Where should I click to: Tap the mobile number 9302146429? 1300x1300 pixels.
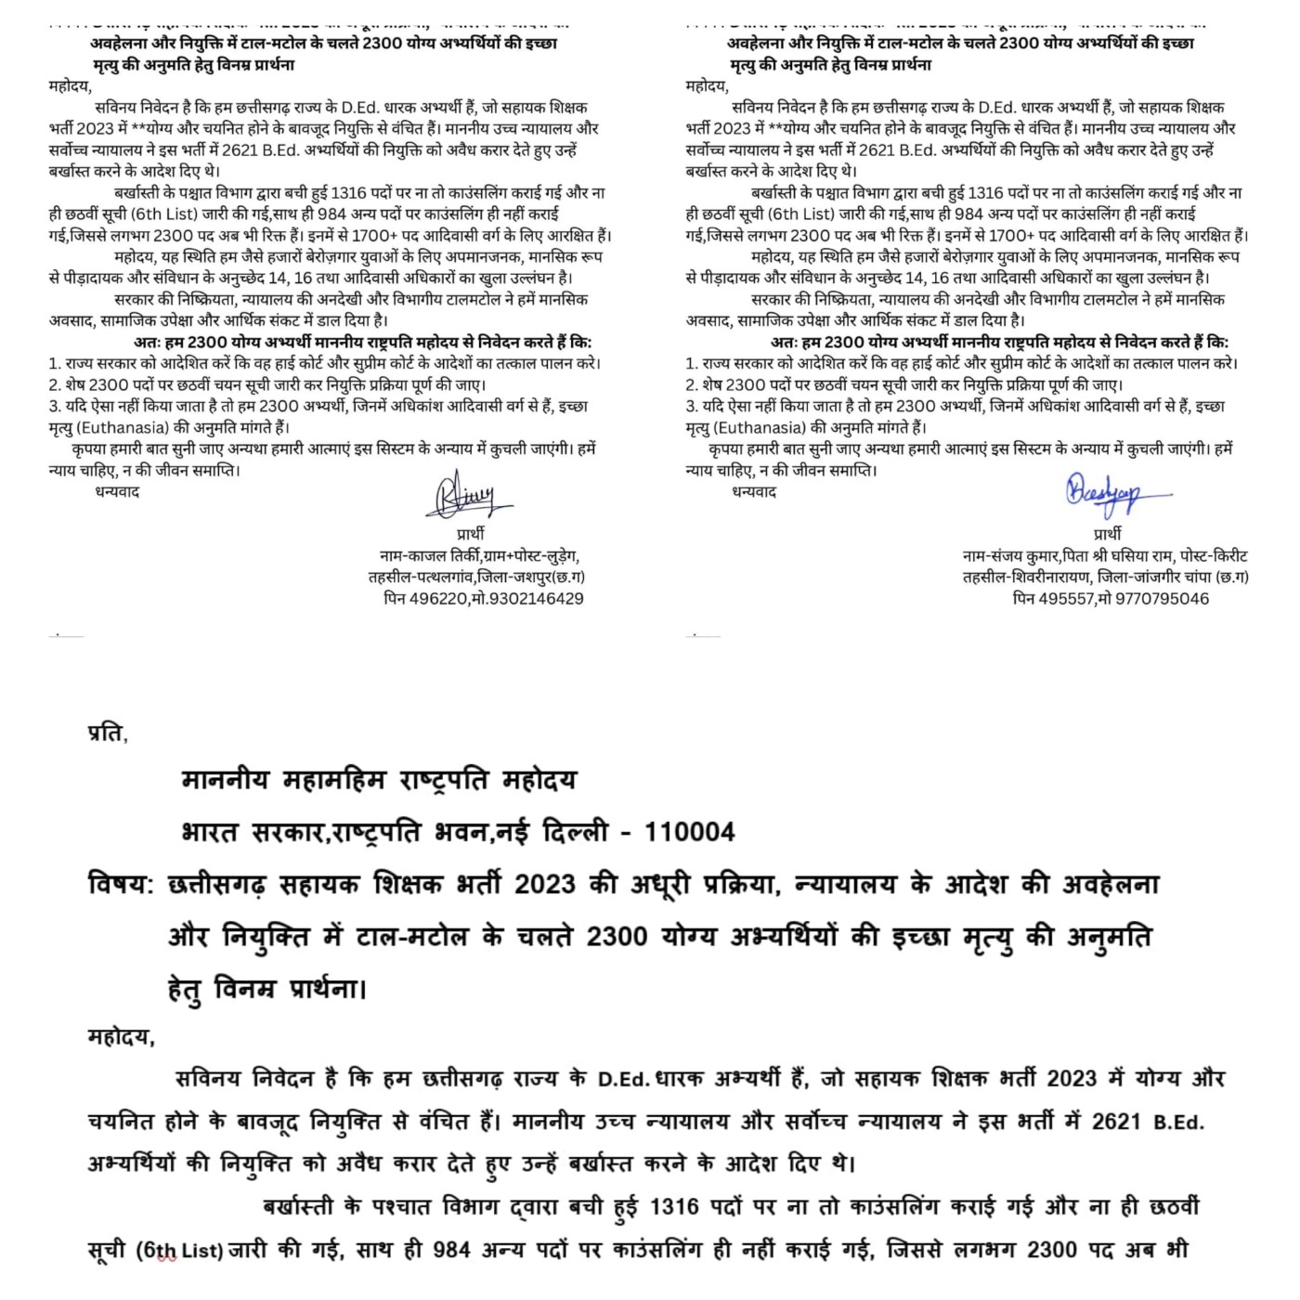click(533, 599)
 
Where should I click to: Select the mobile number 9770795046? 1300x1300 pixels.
click(1160, 599)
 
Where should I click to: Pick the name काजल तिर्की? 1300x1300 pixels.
click(447, 556)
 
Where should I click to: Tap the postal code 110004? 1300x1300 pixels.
click(689, 832)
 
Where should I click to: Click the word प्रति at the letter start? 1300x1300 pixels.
click(107, 733)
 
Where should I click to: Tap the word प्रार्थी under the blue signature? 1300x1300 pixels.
click(1107, 534)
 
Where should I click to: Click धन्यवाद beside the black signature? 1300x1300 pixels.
click(117, 491)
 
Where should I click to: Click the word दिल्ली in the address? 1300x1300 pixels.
click(574, 832)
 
